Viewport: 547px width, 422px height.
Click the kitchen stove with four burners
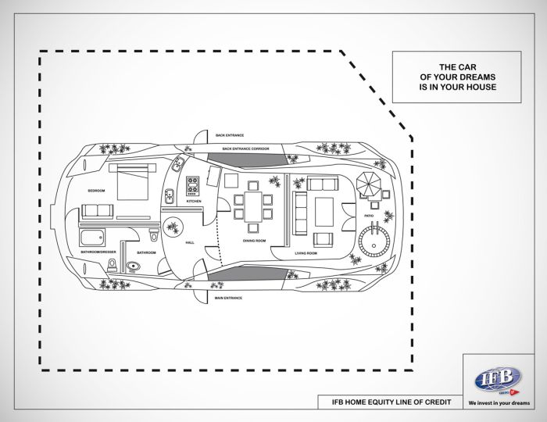[x=192, y=186]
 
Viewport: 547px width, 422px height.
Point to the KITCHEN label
[x=194, y=202]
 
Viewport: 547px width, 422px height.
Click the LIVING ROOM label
[x=306, y=253]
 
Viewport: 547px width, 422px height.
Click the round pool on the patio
[x=377, y=237]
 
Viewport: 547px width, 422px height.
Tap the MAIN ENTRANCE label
[x=228, y=298]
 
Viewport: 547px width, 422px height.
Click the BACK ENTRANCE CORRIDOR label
[x=245, y=148]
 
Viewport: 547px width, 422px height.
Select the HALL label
[x=190, y=243]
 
